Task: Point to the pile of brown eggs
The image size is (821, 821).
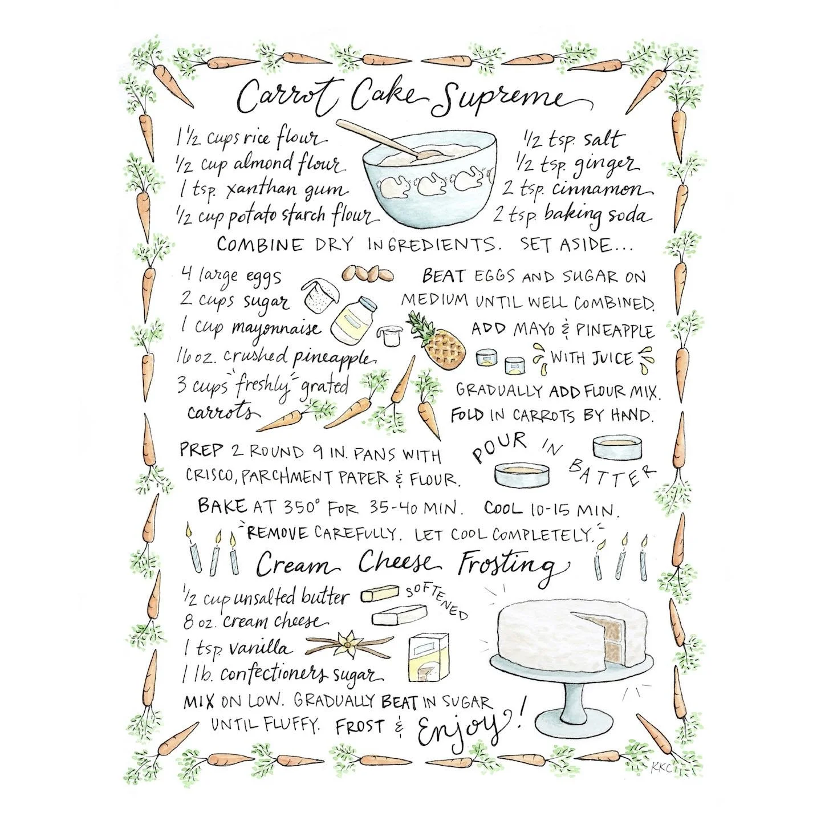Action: (x=368, y=275)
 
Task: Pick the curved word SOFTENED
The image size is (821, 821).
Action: (x=436, y=600)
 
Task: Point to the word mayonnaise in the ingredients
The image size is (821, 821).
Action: (x=276, y=328)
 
